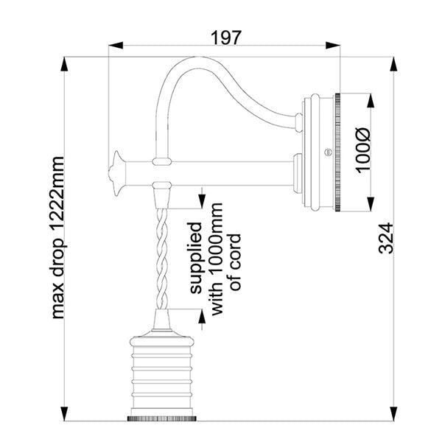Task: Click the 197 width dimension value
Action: tap(226, 38)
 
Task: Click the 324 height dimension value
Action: tap(386, 238)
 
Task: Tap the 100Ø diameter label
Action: tap(362, 150)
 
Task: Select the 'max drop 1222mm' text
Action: tap(58, 237)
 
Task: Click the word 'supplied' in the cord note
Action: tap(196, 258)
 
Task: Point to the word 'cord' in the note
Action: tap(236, 262)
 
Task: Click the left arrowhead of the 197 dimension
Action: tap(116, 46)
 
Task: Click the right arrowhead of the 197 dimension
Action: tap(333, 46)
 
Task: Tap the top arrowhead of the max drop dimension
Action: tap(65, 64)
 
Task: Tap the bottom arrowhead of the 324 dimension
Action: tap(393, 414)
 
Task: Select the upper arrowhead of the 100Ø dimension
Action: tap(371, 100)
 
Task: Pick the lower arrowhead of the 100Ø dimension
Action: tap(371, 204)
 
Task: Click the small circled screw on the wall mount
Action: tap(328, 152)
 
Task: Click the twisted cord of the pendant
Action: tap(162, 259)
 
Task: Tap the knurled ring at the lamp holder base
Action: tap(162, 419)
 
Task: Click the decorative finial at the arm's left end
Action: tap(116, 173)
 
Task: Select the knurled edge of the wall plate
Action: tap(337, 152)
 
